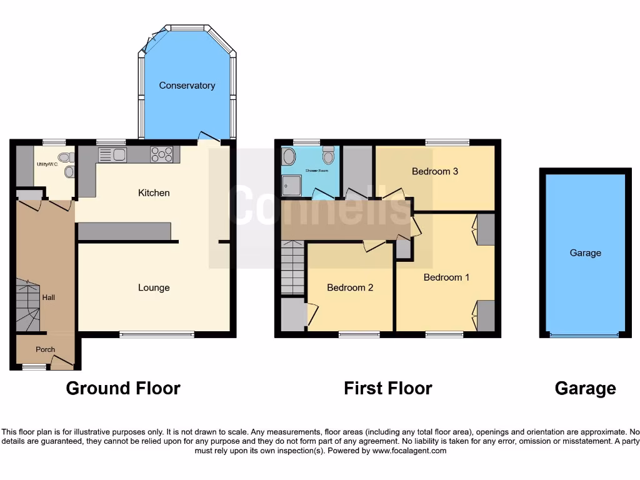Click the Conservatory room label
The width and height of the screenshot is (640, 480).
point(187,86)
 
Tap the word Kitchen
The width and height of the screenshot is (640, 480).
point(154,192)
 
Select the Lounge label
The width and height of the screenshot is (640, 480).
point(154,287)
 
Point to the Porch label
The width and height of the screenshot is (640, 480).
point(45,349)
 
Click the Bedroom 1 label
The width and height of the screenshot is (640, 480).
point(446,277)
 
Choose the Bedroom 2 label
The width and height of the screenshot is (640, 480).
point(350,287)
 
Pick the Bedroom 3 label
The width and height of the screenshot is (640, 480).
point(435,171)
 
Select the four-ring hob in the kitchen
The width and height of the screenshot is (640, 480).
point(161,154)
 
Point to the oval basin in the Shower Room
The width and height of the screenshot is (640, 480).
point(289,156)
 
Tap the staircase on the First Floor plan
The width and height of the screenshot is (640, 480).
point(292,269)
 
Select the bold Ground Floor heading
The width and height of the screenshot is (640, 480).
point(123,389)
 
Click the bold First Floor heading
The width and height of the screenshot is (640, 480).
point(387,389)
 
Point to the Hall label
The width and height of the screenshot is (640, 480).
point(48,297)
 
